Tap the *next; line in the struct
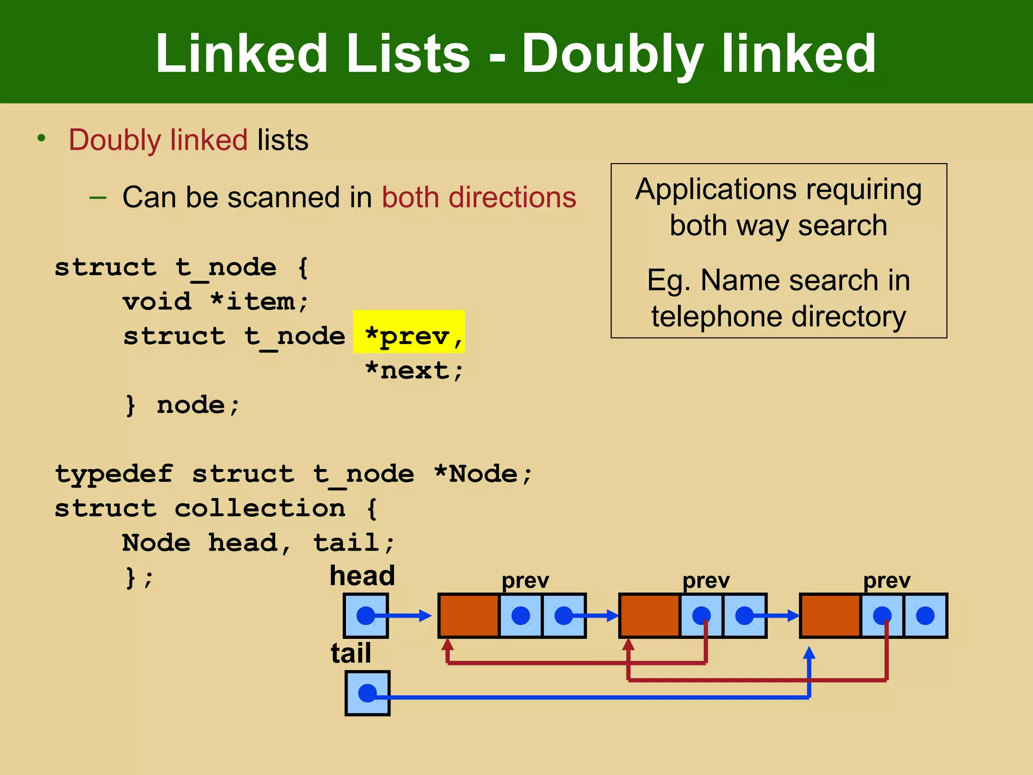click(x=414, y=371)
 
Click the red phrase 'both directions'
click(x=479, y=197)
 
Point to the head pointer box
click(x=366, y=616)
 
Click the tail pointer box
click(x=367, y=693)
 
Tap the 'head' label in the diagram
click(x=362, y=576)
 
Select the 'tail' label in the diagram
click(x=351, y=653)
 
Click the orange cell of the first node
click(x=469, y=616)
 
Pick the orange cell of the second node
click(x=650, y=616)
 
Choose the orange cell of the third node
click(x=830, y=616)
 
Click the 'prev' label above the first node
click(x=525, y=581)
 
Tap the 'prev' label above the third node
click(x=887, y=581)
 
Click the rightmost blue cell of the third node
click(x=925, y=616)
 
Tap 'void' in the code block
click(x=157, y=302)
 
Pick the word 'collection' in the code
click(x=260, y=508)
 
